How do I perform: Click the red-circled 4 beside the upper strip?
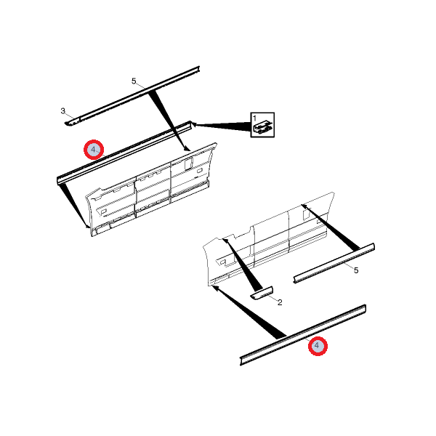tap(94, 150)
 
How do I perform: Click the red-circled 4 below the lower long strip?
tap(318, 346)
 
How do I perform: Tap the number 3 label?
tap(62, 111)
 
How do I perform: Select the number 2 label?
tap(280, 302)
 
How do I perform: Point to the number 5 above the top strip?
tap(134, 81)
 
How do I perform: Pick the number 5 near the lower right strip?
tap(356, 270)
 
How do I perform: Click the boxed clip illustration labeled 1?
tap(262, 124)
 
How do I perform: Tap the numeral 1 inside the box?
tap(254, 118)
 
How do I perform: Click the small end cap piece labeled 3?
tap(72, 121)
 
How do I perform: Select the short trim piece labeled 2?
tap(262, 294)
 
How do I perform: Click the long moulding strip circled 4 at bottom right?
tap(303, 334)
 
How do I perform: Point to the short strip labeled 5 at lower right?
tap(334, 263)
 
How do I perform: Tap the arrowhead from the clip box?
tap(194, 125)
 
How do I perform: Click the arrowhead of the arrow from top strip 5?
tap(187, 148)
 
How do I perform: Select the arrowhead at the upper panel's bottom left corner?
tap(88, 225)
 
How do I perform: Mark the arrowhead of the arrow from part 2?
tap(225, 241)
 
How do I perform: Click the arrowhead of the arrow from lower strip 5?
tap(304, 206)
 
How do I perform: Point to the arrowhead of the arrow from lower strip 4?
tap(214, 288)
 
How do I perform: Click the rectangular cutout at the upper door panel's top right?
tap(188, 163)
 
